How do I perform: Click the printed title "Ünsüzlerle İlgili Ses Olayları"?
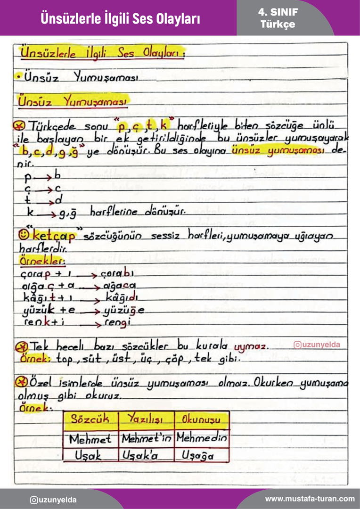[x=120, y=18]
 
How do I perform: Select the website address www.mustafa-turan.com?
[x=310, y=499]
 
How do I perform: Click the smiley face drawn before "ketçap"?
[x=24, y=235]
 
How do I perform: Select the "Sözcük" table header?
[x=90, y=419]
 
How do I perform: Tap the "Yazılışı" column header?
[x=145, y=419]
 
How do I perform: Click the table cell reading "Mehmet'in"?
[x=147, y=439]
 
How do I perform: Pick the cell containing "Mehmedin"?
[x=202, y=439]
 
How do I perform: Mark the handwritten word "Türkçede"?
[x=53, y=127]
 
